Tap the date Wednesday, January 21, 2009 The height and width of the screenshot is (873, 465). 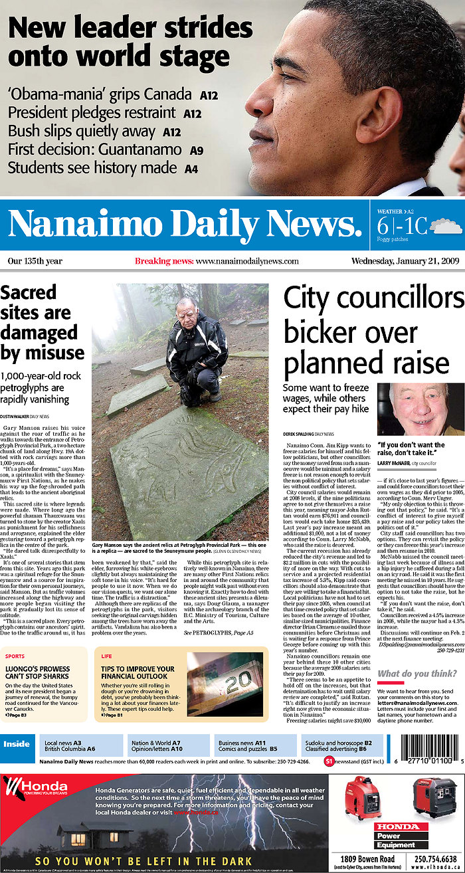[x=406, y=261]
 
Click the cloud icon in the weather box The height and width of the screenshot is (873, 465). [x=446, y=227]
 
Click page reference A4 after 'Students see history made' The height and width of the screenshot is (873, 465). [x=191, y=169]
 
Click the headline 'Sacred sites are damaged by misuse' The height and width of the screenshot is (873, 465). [x=43, y=322]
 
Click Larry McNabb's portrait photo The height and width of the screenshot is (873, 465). [x=420, y=409]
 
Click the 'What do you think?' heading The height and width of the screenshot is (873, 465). [x=417, y=674]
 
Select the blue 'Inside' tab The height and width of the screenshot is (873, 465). [x=17, y=744]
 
